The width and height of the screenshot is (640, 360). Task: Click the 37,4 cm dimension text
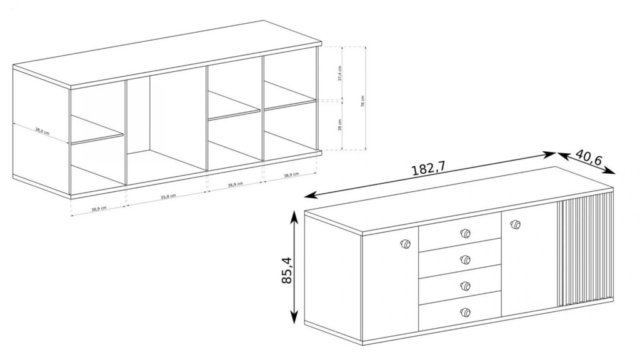(339, 74)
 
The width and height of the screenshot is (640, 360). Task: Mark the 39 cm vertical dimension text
(339, 125)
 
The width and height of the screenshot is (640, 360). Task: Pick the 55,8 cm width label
(168, 196)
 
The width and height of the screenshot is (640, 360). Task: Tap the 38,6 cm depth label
(42, 131)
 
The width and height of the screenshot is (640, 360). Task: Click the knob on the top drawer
(464, 234)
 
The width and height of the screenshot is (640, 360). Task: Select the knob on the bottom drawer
(464, 311)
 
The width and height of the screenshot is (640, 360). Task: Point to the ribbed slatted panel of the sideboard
(585, 250)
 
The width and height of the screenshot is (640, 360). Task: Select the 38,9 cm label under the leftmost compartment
(97, 209)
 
